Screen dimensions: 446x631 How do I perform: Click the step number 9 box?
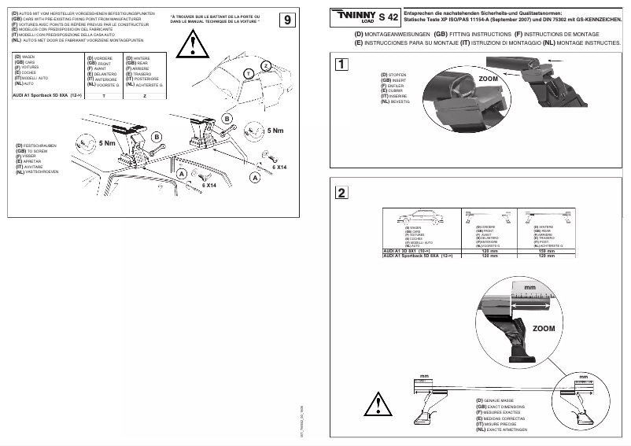(x=289, y=19)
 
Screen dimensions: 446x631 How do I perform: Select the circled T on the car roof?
(x=248, y=73)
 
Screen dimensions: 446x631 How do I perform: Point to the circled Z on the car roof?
(x=266, y=65)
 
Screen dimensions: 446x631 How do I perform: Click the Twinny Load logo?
(x=354, y=17)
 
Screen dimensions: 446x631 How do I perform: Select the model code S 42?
(x=389, y=17)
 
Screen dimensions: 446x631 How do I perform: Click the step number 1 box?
(x=340, y=65)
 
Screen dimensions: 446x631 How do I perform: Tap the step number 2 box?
(x=340, y=194)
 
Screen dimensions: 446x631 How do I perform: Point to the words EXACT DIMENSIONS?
(x=504, y=406)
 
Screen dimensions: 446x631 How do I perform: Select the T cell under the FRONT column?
(x=103, y=94)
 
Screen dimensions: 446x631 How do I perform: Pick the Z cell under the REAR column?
(x=144, y=94)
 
